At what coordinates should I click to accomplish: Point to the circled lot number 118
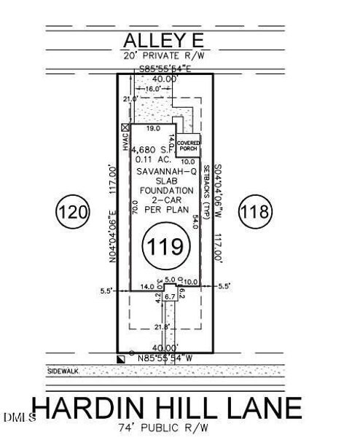click(257, 213)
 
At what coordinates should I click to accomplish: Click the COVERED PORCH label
click(188, 143)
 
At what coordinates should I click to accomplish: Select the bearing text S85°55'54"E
click(166, 70)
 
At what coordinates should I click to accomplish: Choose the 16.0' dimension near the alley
click(150, 89)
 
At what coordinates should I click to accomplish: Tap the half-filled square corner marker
click(121, 358)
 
